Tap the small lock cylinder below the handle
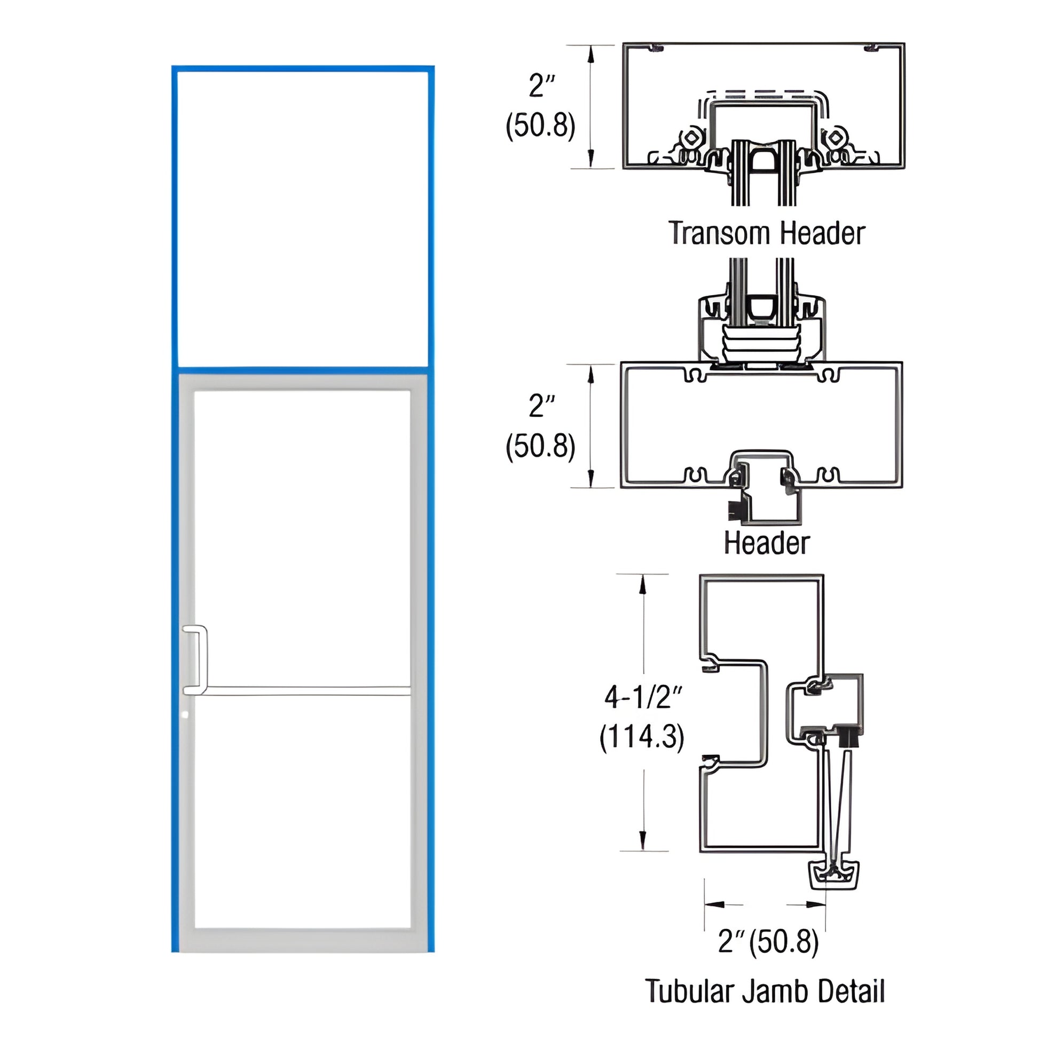186,715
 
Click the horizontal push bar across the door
306,690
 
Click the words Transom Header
766,233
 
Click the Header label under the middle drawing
766,543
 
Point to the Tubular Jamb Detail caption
764,991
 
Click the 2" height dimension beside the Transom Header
541,86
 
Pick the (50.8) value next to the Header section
540,446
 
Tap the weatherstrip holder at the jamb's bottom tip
833,876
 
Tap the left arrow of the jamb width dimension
715,904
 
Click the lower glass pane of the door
303,812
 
